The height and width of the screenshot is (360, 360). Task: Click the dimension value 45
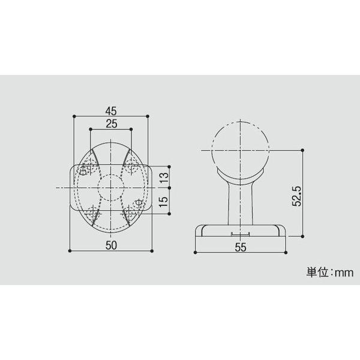(x=110, y=110)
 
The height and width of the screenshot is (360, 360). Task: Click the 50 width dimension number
(x=110, y=244)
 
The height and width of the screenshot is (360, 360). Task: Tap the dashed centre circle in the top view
(x=110, y=187)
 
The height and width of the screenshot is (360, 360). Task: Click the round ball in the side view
(x=240, y=146)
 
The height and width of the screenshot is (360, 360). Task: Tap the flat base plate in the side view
(x=240, y=232)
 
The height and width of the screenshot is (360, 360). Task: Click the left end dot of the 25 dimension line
(x=89, y=129)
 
